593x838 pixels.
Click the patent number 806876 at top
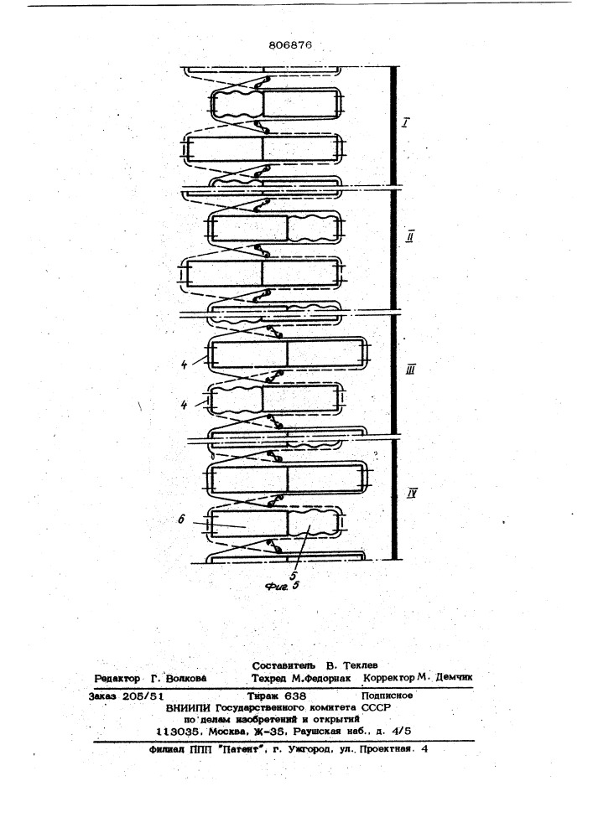pyautogui.click(x=290, y=45)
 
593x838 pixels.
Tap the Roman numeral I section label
pyautogui.click(x=406, y=123)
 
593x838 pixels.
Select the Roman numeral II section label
pyautogui.click(x=409, y=236)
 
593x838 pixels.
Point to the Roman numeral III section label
pyautogui.click(x=411, y=370)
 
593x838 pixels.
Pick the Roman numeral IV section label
pyautogui.click(x=411, y=493)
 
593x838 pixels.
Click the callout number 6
pyautogui.click(x=181, y=519)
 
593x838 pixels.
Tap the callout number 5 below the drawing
pyautogui.click(x=293, y=577)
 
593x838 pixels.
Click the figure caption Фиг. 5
pyautogui.click(x=282, y=587)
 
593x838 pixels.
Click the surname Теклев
pyautogui.click(x=361, y=665)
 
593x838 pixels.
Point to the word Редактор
pyautogui.click(x=117, y=678)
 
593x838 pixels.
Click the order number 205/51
pyautogui.click(x=143, y=696)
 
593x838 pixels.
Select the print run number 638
pyautogui.click(x=296, y=696)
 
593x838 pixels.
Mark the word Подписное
pyautogui.click(x=388, y=696)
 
